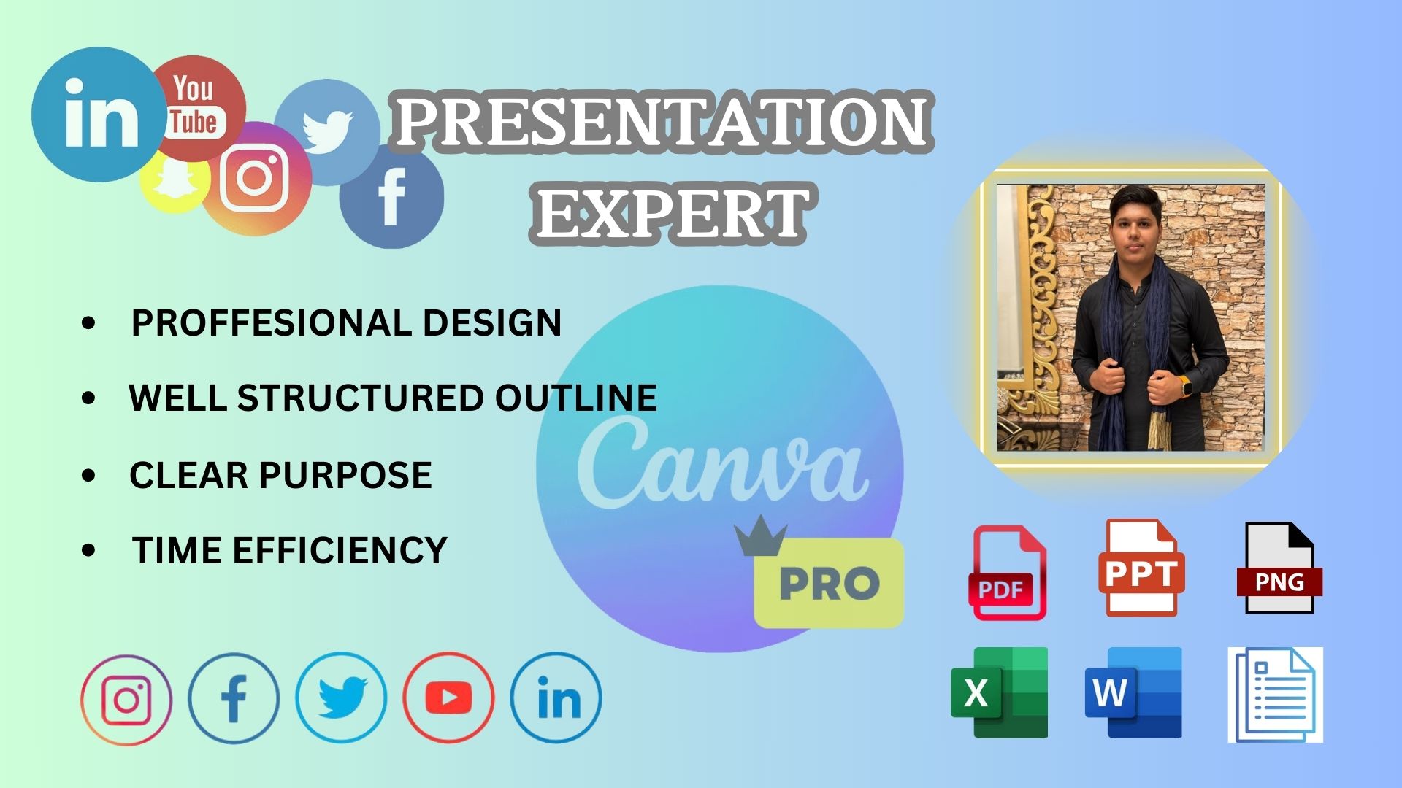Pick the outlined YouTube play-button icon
coord(448,698)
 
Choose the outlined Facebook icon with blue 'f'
coord(234,698)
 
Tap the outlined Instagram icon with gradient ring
coord(126,700)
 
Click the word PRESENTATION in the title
coord(663,121)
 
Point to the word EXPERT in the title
coord(670,213)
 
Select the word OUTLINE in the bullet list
coord(576,398)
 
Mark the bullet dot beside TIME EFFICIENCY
coord(89,551)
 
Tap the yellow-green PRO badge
coord(829,583)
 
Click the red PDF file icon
coord(1007,573)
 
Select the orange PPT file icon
coord(1141,568)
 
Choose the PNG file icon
coord(1279,568)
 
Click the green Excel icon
coord(999,692)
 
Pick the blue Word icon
coord(1133,692)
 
